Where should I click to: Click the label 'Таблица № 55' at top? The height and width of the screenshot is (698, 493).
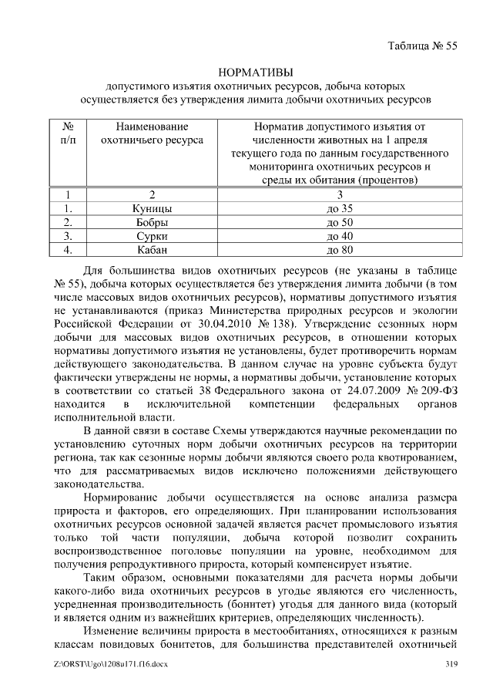(x=421, y=46)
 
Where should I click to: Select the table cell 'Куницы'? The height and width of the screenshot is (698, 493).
(x=152, y=208)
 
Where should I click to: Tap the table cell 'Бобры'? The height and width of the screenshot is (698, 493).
(x=152, y=222)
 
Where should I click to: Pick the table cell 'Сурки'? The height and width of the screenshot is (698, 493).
(x=152, y=236)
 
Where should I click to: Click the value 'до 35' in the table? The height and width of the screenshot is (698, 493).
(x=339, y=208)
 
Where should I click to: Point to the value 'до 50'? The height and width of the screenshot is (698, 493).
(x=339, y=222)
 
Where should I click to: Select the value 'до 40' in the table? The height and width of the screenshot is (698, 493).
(x=339, y=236)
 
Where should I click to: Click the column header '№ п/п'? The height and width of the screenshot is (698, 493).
(x=68, y=133)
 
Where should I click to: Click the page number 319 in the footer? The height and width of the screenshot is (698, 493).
(x=452, y=664)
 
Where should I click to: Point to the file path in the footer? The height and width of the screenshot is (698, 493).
(x=99, y=664)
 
